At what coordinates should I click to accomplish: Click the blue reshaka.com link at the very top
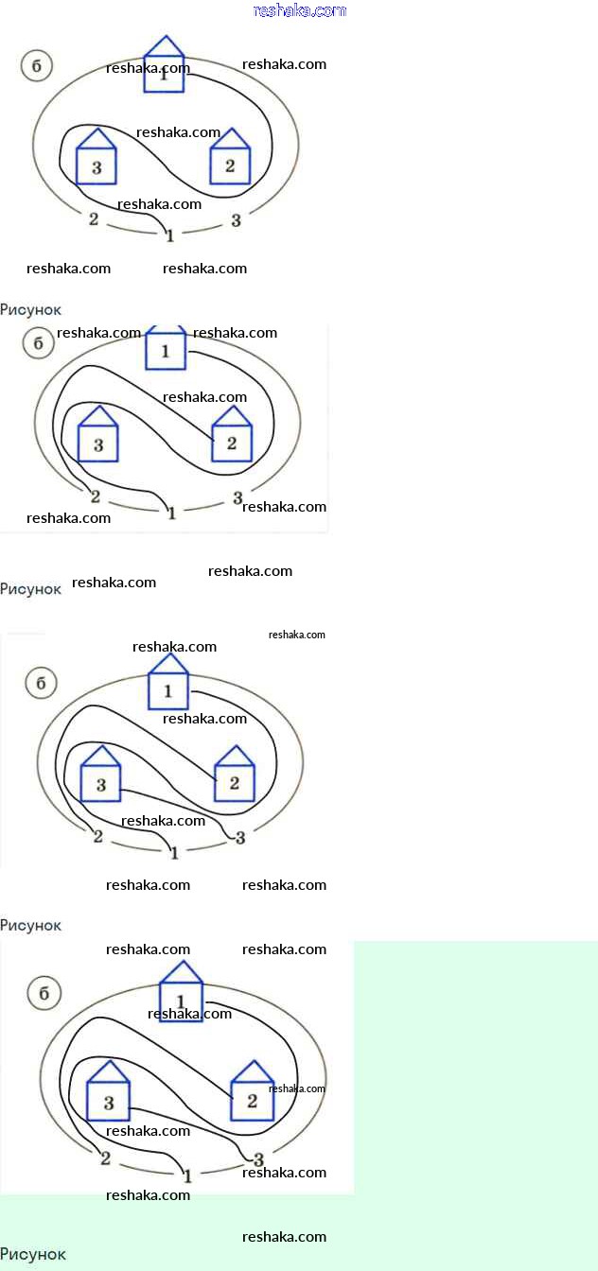(300, 10)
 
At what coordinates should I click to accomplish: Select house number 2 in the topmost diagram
(230, 161)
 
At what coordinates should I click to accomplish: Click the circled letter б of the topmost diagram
(36, 66)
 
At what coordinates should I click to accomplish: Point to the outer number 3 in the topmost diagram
(236, 221)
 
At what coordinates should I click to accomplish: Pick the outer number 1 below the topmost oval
(169, 235)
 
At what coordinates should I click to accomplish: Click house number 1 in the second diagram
(167, 350)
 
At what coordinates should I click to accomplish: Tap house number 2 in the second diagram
(232, 439)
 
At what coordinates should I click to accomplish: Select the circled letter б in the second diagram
(38, 343)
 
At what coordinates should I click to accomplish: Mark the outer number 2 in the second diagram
(95, 496)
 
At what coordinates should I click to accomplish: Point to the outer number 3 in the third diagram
(240, 837)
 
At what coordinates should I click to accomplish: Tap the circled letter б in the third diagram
(41, 683)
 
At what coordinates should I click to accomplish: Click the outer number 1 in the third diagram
(174, 853)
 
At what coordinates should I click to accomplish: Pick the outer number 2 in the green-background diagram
(105, 1158)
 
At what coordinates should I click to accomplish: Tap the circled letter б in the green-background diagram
(44, 994)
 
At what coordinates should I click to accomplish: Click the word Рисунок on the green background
(33, 1254)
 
